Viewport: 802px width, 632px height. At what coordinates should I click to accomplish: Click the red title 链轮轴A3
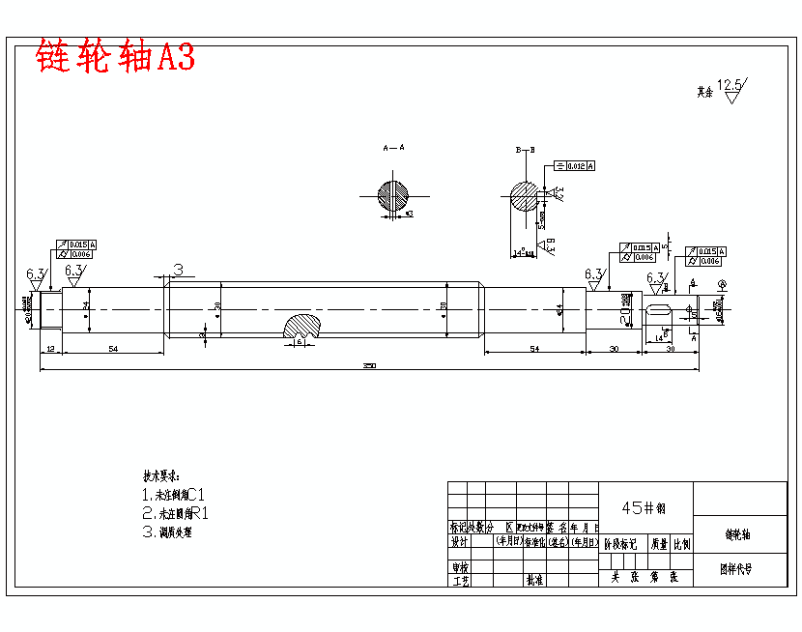(115, 56)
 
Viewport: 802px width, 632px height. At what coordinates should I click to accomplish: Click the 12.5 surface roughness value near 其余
(730, 87)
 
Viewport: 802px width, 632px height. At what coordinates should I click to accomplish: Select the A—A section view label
(393, 148)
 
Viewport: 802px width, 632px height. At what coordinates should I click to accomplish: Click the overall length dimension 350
(368, 365)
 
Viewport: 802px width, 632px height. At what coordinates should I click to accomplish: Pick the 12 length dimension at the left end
(50, 347)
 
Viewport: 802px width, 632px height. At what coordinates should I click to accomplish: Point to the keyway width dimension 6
(301, 342)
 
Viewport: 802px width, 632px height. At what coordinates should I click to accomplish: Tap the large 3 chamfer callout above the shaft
(178, 270)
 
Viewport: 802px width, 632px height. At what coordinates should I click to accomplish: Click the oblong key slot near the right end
(659, 311)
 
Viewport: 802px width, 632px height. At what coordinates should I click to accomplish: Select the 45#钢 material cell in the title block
(645, 507)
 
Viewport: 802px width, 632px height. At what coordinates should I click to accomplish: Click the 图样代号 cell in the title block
(740, 569)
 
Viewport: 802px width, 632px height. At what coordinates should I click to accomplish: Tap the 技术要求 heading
(161, 476)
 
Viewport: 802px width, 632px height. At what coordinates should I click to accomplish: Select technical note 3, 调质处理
(181, 531)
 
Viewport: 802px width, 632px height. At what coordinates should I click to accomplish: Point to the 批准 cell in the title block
(534, 580)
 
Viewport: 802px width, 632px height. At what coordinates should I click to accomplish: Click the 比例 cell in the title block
(682, 544)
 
